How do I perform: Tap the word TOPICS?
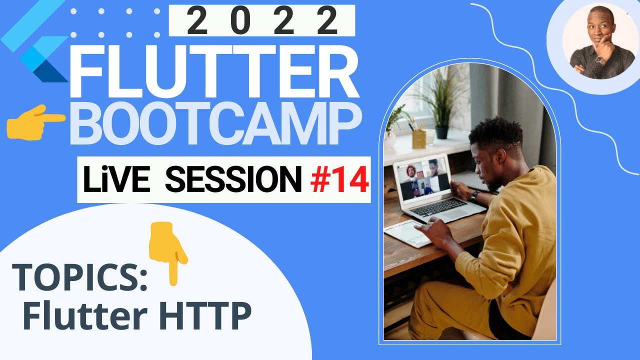(80, 278)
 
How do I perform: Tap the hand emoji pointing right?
(35, 121)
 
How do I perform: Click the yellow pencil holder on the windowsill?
(419, 138)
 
